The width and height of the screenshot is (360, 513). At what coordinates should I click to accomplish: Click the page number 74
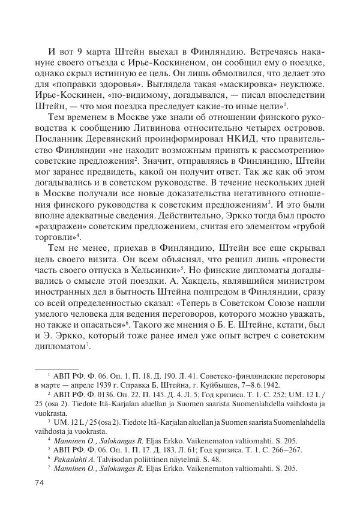coord(40,483)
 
